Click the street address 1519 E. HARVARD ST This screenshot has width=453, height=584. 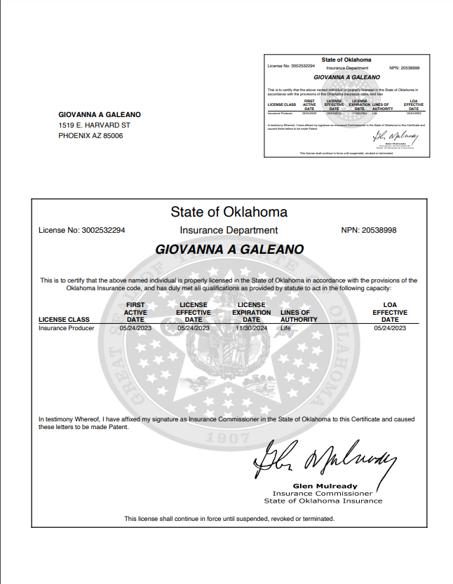[x=94, y=125]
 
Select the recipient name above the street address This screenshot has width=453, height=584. [x=100, y=114]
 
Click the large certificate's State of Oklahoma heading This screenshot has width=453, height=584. [x=229, y=212]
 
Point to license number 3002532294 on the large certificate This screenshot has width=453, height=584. [x=103, y=230]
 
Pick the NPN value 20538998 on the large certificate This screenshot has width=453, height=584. [x=379, y=230]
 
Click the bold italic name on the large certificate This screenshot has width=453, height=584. [x=229, y=249]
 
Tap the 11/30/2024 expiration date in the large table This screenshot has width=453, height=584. [x=251, y=327]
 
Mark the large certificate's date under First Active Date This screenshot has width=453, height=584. [x=135, y=327]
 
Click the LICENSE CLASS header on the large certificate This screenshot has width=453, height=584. [x=64, y=320]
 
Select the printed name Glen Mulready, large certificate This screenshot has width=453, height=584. [x=324, y=486]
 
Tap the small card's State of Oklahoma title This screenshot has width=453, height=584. [x=346, y=60]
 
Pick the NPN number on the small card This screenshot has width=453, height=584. [x=410, y=67]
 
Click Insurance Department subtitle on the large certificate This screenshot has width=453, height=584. [x=229, y=230]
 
